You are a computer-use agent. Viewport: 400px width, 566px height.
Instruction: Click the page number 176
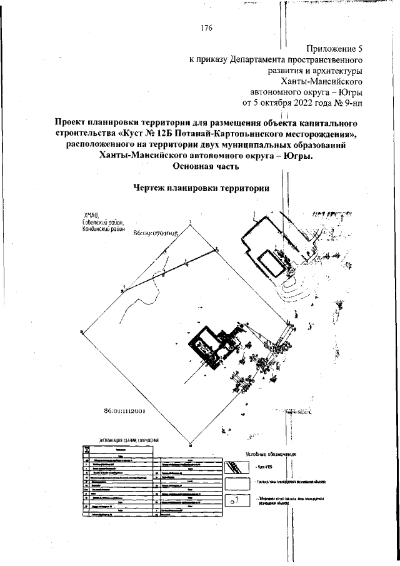[x=207, y=28]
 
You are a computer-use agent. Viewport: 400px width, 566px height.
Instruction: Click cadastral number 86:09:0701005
[x=156, y=232]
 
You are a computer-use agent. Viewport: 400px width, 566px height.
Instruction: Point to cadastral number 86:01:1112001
[x=125, y=411]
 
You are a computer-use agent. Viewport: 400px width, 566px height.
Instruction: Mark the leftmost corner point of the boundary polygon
[x=82, y=332]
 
